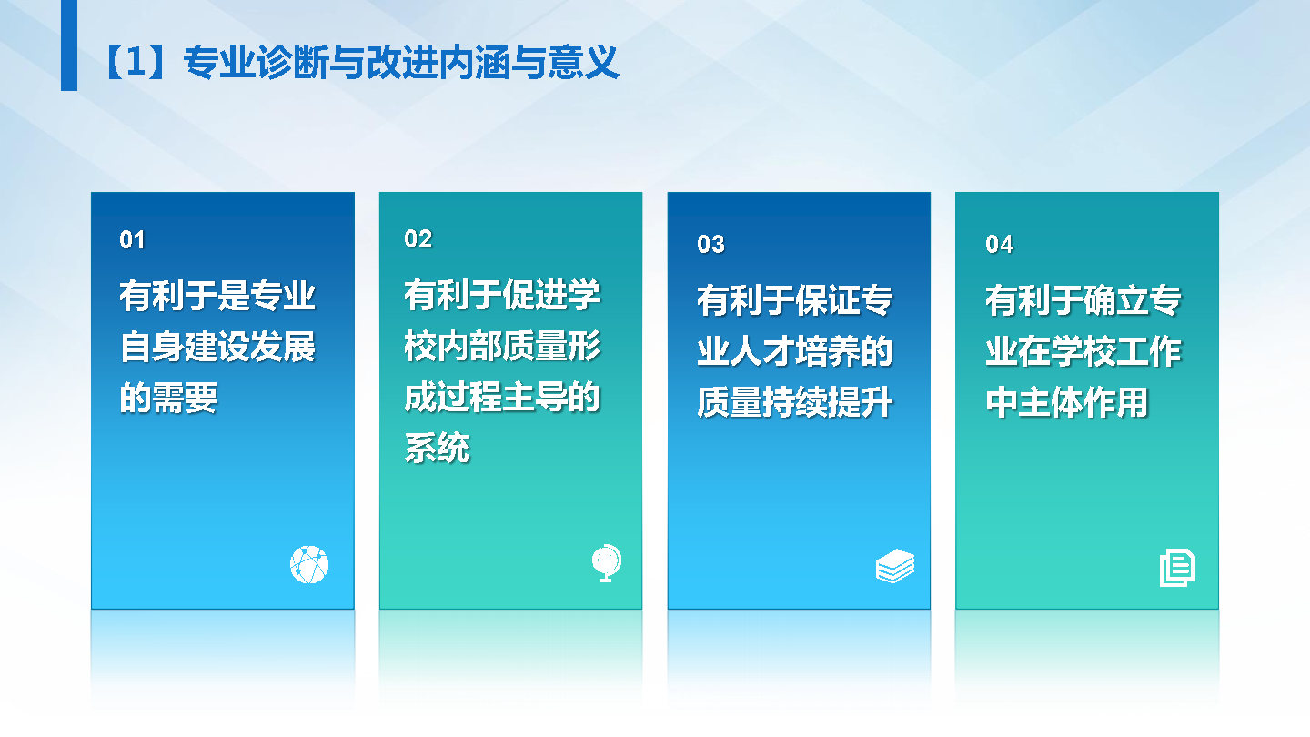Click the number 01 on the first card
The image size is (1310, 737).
132,240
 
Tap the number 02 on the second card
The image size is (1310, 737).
418,238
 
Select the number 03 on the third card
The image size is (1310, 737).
710,244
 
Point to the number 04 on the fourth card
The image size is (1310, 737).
999,244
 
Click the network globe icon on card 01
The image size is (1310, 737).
309,564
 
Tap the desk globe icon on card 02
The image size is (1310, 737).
607,563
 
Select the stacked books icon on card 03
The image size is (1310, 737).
895,566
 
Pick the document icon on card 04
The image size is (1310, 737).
1177,568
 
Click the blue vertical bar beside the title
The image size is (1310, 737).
69,45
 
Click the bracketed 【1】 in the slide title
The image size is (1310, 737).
135,62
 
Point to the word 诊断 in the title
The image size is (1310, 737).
292,62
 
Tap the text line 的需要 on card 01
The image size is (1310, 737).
168,398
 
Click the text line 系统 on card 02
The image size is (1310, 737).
437,448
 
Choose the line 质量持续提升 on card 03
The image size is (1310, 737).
795,402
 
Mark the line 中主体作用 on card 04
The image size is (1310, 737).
1067,402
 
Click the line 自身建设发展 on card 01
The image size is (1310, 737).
217,347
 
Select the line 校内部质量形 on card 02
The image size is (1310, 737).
502,346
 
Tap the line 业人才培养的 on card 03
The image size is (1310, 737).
795,351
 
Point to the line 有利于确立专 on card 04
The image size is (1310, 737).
1083,300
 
